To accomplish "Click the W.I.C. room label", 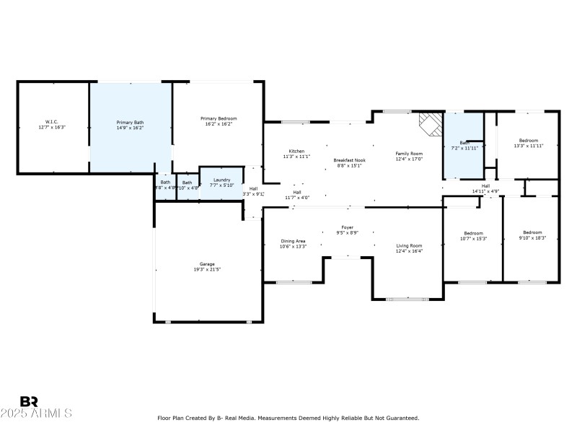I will pos(52,122).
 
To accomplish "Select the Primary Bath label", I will pos(130,122).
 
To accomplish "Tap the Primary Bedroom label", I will pos(219,118).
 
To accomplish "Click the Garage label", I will pos(207,264).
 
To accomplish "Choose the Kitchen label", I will pos(296,151).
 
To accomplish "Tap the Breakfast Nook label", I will pos(349,159).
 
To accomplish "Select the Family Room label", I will pos(409,153).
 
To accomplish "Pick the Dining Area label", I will pos(293,241).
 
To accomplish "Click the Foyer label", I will pos(347,227).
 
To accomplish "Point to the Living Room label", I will pos(409,246).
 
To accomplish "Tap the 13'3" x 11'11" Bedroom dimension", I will pos(529,145).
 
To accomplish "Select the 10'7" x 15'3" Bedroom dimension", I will pos(473,238).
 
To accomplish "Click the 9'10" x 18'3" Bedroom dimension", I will pos(534,238).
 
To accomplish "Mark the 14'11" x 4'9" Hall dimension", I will pos(485,191).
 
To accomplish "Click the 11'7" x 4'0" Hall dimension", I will pos(296,197).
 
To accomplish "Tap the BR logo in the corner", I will pos(29,401).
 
